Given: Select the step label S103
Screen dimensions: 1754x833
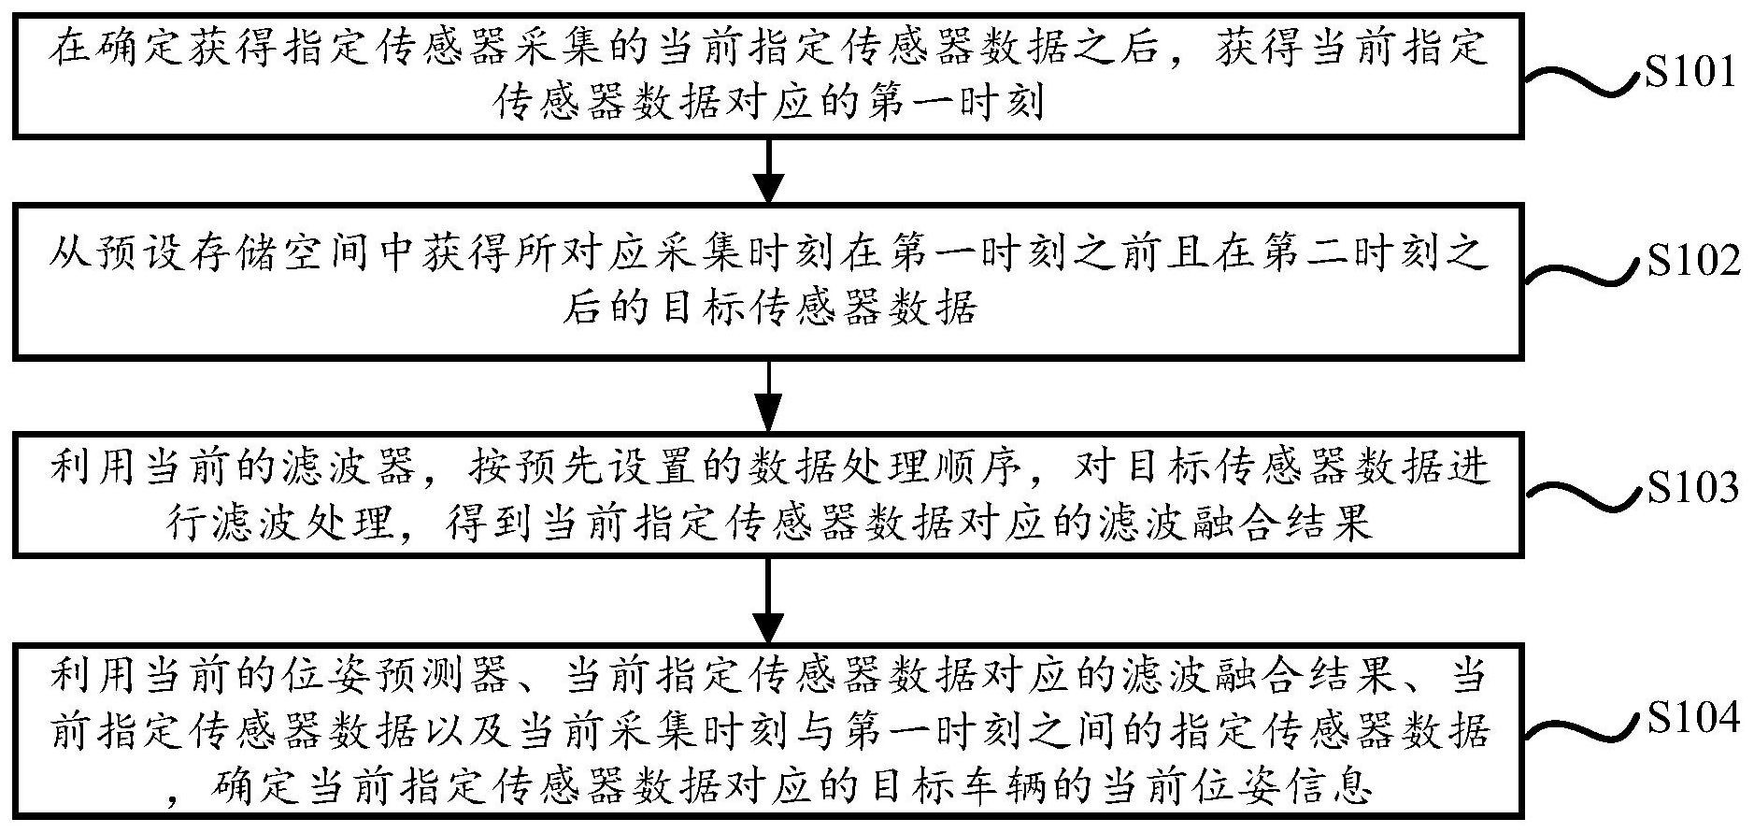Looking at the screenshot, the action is coord(1692,488).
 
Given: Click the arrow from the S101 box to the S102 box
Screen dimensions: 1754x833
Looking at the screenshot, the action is coord(768,171).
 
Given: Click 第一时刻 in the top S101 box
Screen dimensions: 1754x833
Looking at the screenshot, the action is coord(952,103).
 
